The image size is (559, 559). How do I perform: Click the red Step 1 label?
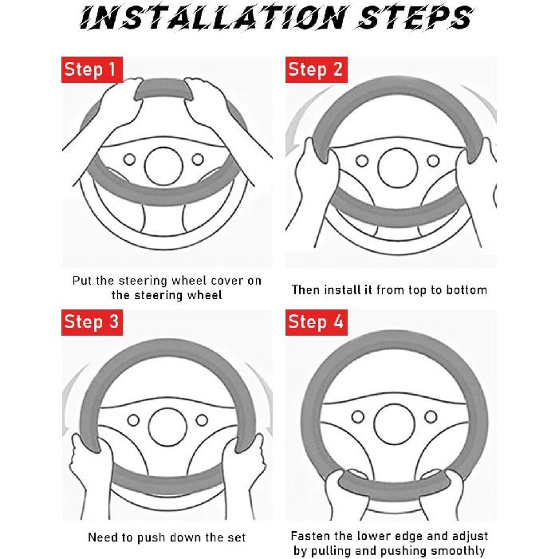coord(92,69)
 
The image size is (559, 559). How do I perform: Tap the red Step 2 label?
coord(317,69)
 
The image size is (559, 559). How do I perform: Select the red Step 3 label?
coord(92,322)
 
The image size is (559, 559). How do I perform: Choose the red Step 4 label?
coord(317,322)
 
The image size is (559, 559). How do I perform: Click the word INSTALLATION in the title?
coord(213,18)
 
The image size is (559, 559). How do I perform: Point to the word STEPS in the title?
coord(415,18)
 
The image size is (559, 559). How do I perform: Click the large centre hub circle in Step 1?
coord(163,166)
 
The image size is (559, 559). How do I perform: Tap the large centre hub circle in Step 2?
coord(397,168)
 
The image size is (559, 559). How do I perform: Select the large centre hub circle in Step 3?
coord(167,427)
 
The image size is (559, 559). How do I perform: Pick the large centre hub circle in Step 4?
coord(394,424)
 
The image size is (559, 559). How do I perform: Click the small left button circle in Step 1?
coord(129,159)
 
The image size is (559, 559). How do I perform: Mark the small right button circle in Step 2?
coord(433,161)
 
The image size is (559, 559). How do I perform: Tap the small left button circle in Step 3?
coord(133,420)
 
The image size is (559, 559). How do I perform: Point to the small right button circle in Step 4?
coord(431,416)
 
